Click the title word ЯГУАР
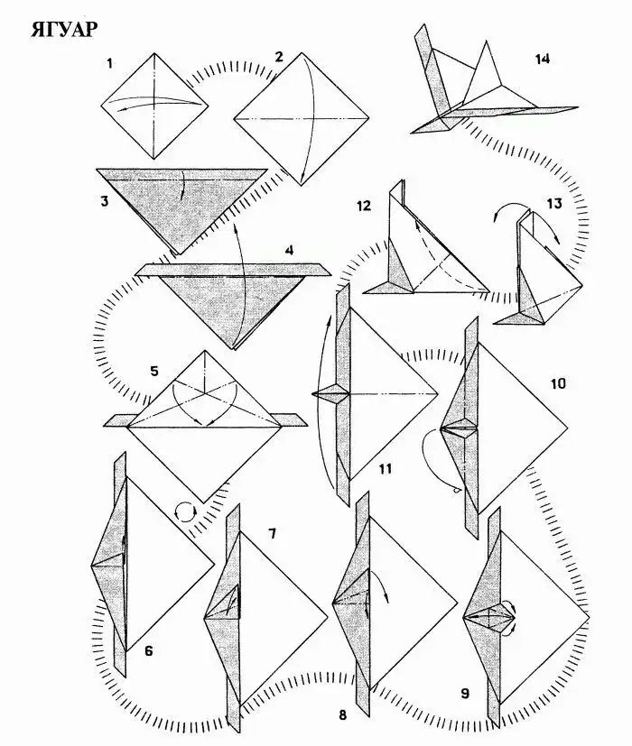[64, 30]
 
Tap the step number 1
[110, 63]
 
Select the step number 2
[279, 57]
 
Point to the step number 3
[105, 201]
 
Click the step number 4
[290, 250]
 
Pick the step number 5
[153, 371]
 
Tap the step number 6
[149, 650]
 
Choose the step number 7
[272, 533]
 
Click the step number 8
[343, 714]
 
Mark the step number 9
[465, 694]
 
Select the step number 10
[558, 383]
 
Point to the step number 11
[386, 469]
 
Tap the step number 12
[363, 206]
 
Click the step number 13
[554, 204]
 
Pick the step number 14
[542, 59]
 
